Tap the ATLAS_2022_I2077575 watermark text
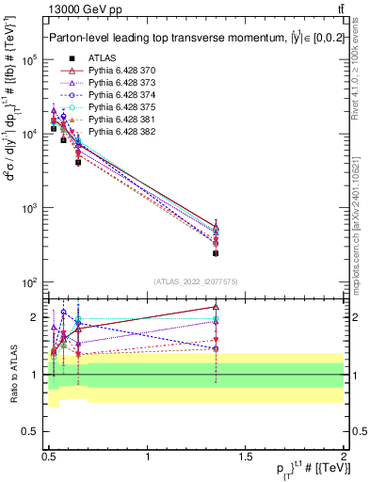point(195,281)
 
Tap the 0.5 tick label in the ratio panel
point(32,434)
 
